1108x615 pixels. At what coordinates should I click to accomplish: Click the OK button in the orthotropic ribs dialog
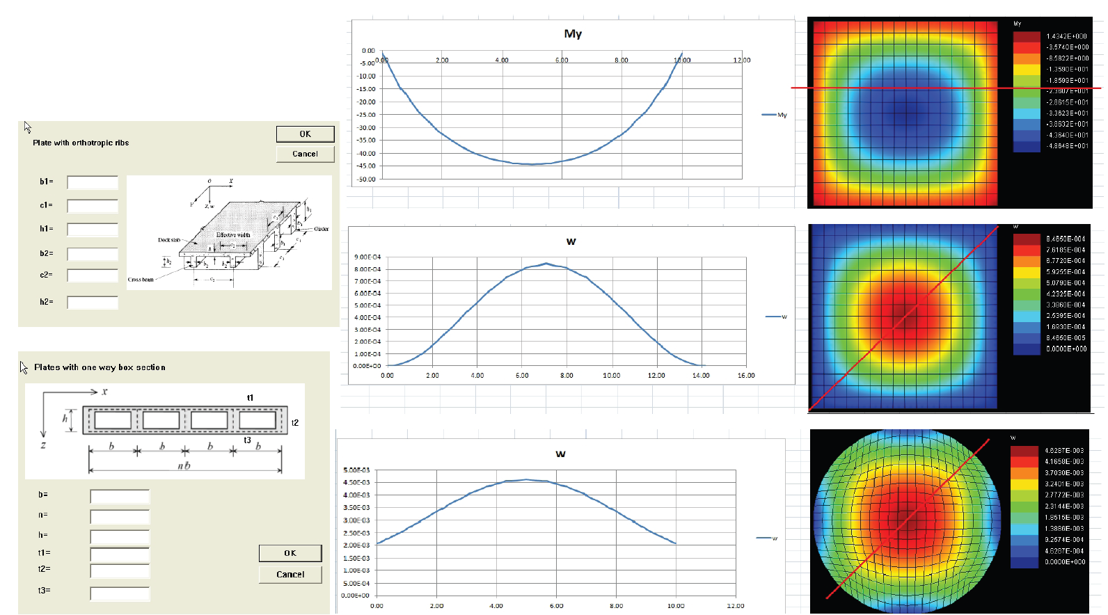(305, 134)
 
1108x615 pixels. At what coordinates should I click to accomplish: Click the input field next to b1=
(93, 182)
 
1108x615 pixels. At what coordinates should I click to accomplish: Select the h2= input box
(93, 303)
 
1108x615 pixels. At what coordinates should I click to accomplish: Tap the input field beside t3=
(120, 593)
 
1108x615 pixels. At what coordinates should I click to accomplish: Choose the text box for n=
(120, 517)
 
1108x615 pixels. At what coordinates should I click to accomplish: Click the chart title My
(573, 33)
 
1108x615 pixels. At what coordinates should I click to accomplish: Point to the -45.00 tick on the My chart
(367, 166)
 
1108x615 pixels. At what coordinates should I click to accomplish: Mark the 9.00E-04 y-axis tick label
(367, 257)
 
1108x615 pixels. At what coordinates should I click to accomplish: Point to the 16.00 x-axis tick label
(746, 376)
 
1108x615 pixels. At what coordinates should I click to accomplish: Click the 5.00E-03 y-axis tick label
(356, 470)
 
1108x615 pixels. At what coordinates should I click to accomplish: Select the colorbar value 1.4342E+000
(1066, 36)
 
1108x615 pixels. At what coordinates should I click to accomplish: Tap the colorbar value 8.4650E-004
(1065, 239)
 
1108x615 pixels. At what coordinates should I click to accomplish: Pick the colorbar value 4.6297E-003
(1064, 451)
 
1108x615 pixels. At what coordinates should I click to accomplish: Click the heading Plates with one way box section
(100, 367)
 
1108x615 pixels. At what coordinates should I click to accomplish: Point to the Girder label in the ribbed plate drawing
(322, 229)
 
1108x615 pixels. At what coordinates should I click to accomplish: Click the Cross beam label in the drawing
(141, 280)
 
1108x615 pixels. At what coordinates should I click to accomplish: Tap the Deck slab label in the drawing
(169, 240)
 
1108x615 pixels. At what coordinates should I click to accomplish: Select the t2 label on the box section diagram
(295, 423)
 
